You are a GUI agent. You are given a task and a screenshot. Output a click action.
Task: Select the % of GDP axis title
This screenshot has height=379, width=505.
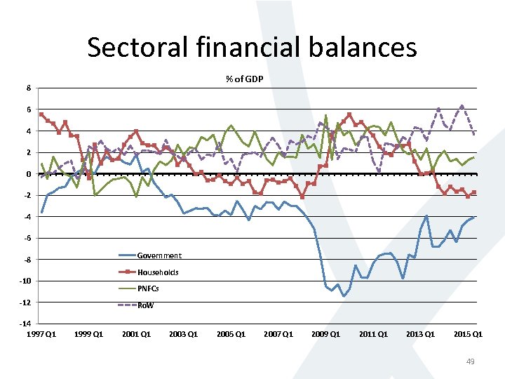[x=244, y=79]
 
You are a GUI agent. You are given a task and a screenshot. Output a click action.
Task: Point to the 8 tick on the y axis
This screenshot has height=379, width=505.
[x=28, y=88]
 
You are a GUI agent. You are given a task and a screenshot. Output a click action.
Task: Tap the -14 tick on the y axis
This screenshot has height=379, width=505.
[x=25, y=324]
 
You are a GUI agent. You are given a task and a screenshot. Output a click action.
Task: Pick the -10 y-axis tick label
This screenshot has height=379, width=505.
[x=25, y=281]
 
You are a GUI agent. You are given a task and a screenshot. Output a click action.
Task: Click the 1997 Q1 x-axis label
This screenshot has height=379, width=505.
[x=41, y=334]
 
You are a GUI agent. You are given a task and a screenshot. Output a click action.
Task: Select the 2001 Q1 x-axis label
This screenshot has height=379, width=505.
[x=136, y=334]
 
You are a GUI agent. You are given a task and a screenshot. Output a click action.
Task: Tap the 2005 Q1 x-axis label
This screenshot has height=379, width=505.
[x=231, y=334]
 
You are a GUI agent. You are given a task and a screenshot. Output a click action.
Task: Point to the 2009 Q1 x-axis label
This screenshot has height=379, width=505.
[x=325, y=334]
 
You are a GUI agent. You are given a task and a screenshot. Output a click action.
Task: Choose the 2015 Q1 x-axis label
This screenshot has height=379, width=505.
[x=468, y=334]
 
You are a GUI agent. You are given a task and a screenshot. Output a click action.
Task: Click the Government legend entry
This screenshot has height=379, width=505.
[x=159, y=255]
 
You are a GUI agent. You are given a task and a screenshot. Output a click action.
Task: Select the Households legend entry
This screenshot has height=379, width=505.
[x=158, y=272]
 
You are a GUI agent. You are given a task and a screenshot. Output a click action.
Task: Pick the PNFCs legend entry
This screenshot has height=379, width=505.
[x=148, y=288]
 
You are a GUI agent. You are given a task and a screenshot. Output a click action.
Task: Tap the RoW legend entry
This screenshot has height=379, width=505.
[x=145, y=305]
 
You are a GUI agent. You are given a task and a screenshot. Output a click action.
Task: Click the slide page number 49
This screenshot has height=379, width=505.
[x=471, y=361]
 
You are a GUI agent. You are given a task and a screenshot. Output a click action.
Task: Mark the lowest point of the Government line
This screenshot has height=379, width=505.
[x=344, y=295]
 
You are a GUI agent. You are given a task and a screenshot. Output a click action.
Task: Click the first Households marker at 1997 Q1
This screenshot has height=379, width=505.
[x=41, y=114]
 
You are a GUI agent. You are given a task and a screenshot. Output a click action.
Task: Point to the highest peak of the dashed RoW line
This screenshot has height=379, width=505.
[x=462, y=106]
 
